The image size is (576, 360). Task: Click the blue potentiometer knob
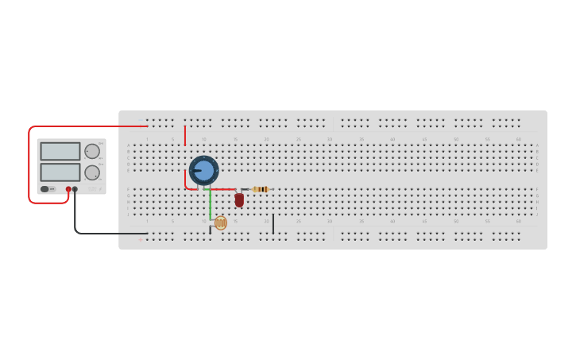tap(204, 171)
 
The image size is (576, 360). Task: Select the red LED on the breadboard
tap(239, 199)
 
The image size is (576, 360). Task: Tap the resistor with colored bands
tap(260, 189)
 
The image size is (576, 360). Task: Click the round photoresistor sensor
tap(220, 223)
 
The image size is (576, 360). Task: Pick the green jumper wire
tap(211, 204)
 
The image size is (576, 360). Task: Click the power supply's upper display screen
tap(60, 151)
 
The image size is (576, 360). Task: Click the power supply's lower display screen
tap(60, 172)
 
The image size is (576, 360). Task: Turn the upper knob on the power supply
tap(92, 151)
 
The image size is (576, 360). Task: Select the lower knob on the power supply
tap(92, 172)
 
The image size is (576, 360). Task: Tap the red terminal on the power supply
tap(68, 189)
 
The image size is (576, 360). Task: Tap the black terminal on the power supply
tap(75, 189)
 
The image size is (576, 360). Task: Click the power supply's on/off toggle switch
tap(45, 189)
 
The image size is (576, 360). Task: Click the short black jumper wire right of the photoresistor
tap(273, 223)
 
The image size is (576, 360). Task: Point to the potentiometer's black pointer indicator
tap(196, 171)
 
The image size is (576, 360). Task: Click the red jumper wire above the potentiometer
tap(185, 135)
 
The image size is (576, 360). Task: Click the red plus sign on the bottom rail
tap(141, 239)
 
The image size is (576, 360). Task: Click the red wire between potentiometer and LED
tap(222, 189)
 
